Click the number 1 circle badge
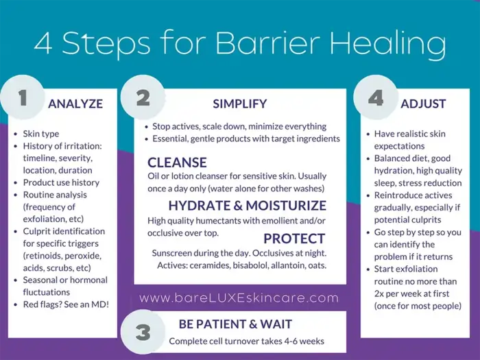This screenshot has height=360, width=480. coord(22,98)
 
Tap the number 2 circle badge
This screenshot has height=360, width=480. coord(143,98)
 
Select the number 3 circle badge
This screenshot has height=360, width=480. coord(143,333)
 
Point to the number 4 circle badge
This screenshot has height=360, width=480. coord(376,98)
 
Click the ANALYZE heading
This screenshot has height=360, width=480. coord(75,104)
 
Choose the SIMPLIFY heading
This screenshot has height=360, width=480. coord(239,104)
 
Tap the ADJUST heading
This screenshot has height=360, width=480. coord(423,104)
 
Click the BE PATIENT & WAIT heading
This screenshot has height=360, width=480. coord(235,324)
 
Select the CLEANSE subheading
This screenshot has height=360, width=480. coord(178,163)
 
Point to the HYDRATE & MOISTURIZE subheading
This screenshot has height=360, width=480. coord(247,206)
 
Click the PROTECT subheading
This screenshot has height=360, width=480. coord(294,239)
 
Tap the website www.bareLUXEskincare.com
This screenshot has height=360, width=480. coord(239,298)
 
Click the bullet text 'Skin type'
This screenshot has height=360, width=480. coord(42,134)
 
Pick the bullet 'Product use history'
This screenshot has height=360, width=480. coord(61,182)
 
